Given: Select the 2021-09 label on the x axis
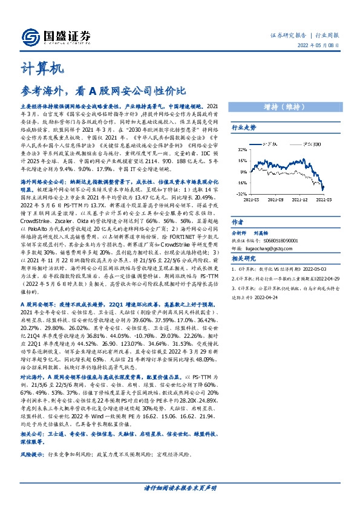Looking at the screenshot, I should [275, 198].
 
